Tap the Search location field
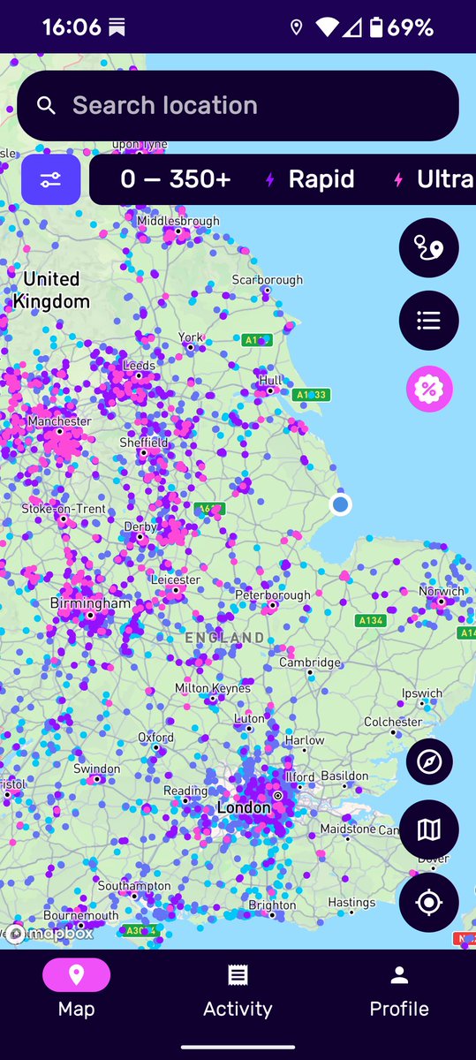(x=238, y=106)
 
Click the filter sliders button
(x=50, y=180)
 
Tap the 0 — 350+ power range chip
(x=175, y=180)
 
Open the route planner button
(x=428, y=247)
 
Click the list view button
(x=428, y=320)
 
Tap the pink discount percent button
(x=428, y=389)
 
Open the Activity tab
(x=238, y=991)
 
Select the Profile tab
(x=399, y=991)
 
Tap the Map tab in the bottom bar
(x=76, y=991)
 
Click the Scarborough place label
(x=267, y=280)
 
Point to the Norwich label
(x=442, y=591)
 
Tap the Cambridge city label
(x=310, y=662)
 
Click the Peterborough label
(x=273, y=595)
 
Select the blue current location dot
(x=340, y=504)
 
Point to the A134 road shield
(x=371, y=621)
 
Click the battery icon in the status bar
(x=376, y=28)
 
